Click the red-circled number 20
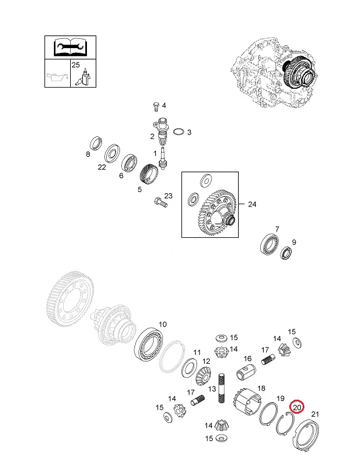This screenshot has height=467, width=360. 297,407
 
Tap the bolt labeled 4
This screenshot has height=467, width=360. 156,106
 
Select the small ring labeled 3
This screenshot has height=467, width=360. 179,132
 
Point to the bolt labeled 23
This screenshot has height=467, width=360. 161,202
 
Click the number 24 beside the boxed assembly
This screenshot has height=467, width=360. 252,204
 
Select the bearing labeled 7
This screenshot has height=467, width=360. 270,244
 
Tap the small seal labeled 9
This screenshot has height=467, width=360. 286,253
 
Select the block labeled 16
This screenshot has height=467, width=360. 246,372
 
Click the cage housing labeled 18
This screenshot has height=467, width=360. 248,402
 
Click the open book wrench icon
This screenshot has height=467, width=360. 70,47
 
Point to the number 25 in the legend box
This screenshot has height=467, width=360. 75,64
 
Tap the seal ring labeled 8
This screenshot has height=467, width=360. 96,143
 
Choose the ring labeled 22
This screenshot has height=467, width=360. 112,154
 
